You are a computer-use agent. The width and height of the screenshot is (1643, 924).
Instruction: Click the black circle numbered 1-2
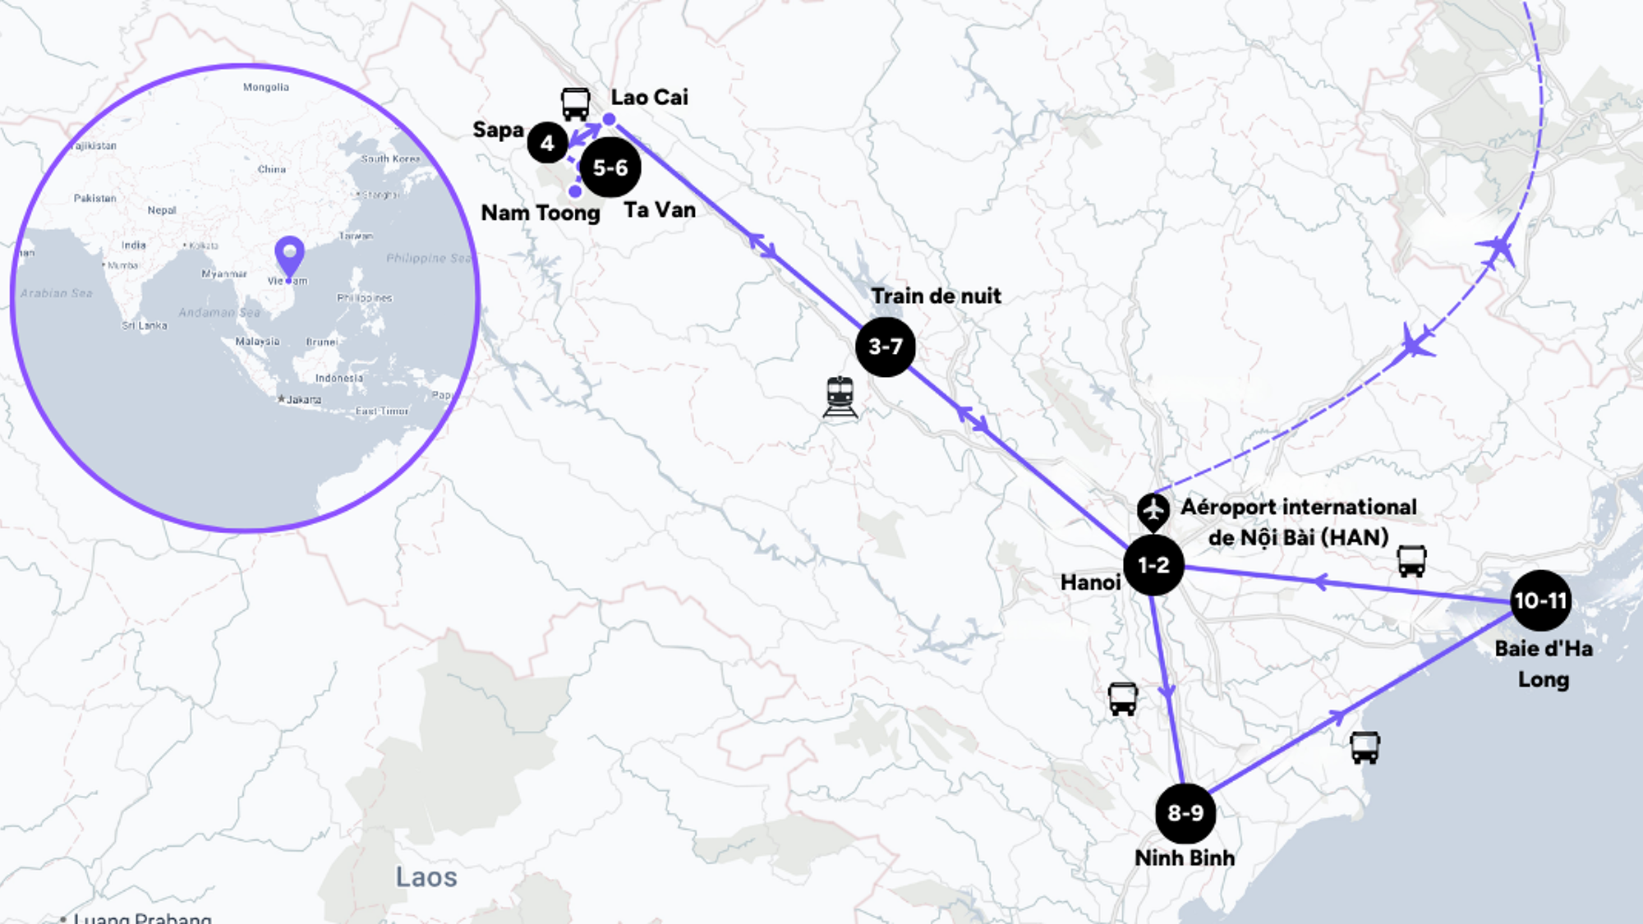(1153, 565)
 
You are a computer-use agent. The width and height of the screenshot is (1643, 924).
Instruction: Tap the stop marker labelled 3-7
(886, 347)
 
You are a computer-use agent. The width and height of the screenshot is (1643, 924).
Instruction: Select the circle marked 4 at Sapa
(547, 143)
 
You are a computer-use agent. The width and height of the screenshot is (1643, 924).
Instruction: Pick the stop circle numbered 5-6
(610, 168)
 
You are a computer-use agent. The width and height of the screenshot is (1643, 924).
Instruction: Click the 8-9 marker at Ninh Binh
(1185, 813)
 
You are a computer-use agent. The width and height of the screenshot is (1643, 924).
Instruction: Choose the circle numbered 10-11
(1540, 600)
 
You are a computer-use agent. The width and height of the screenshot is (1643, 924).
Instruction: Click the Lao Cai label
(649, 97)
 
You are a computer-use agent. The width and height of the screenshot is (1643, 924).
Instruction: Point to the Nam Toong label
(540, 213)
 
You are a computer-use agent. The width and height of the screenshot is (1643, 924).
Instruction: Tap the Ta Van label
(660, 210)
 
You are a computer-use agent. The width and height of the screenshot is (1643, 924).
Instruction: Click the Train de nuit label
(936, 296)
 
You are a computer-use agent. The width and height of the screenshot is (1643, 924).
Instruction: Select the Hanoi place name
(1090, 582)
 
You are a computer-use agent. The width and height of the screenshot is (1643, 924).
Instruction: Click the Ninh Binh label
(1185, 857)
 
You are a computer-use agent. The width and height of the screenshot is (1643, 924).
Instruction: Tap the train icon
(840, 397)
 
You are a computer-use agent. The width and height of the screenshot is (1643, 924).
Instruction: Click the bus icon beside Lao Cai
(575, 104)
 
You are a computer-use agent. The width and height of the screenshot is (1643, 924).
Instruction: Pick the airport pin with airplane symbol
(1153, 510)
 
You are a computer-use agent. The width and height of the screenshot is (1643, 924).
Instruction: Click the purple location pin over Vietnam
(289, 255)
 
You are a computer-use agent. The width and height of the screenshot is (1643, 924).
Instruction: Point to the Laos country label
(426, 877)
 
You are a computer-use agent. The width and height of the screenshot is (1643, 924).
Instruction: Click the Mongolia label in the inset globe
(265, 87)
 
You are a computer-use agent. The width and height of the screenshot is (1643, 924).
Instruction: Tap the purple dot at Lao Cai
(609, 120)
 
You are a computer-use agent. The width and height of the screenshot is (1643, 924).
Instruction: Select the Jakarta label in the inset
(303, 400)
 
